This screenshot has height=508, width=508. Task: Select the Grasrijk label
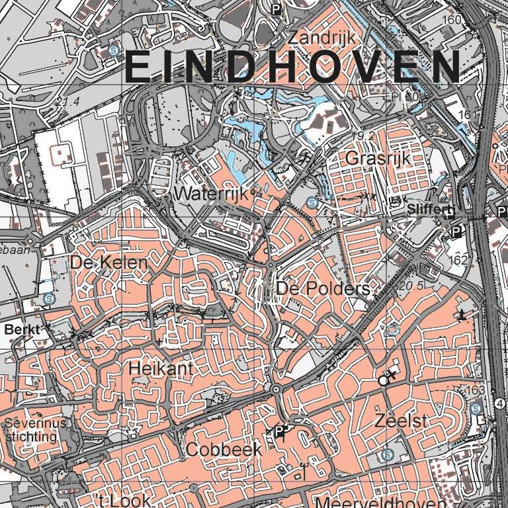pyautogui.click(x=378, y=159)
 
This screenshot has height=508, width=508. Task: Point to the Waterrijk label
pyautogui.click(x=210, y=194)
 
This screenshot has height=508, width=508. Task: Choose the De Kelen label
pyautogui.click(x=108, y=263)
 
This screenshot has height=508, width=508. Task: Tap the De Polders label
pyautogui.click(x=323, y=289)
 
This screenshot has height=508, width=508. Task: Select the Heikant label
pyautogui.click(x=161, y=368)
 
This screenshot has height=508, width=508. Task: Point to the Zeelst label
pyautogui.click(x=398, y=420)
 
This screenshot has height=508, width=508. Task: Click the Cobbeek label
pyautogui.click(x=224, y=449)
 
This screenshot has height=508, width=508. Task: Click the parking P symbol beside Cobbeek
pyautogui.click(x=280, y=432)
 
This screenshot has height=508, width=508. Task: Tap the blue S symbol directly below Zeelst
pyautogui.click(x=388, y=455)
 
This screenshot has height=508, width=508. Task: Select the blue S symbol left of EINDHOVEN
pyautogui.click(x=114, y=50)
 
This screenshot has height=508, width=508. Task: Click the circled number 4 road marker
pyautogui.click(x=500, y=403)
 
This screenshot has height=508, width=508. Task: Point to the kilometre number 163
pyautogui.click(x=475, y=391)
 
